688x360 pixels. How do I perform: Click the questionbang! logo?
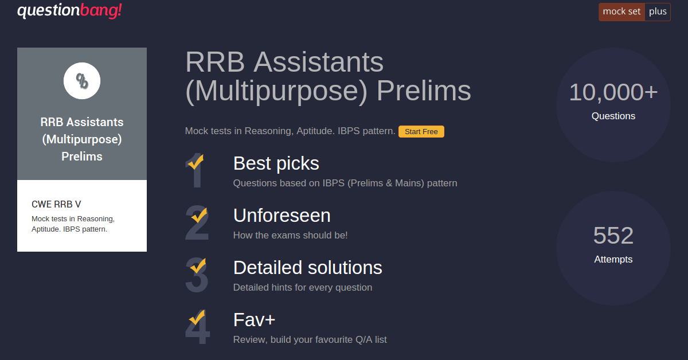point(69,11)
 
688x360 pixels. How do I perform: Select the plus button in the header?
point(658,12)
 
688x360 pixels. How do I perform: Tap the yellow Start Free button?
point(421,131)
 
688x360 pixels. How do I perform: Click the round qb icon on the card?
point(81,81)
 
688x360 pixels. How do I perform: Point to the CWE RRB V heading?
point(56,204)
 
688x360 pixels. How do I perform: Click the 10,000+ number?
point(613,92)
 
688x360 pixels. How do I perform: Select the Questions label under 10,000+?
point(613,116)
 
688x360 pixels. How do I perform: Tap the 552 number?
point(613,236)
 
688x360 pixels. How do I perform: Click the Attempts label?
point(613,259)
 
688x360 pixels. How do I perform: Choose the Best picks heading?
point(276,163)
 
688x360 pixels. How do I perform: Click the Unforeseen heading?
point(282,216)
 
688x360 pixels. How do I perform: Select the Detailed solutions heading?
point(308,268)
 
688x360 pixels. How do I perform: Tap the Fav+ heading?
point(255,320)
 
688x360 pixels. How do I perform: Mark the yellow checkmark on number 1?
point(196,162)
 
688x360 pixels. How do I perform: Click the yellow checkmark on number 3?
point(198,265)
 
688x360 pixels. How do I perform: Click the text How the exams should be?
point(290,235)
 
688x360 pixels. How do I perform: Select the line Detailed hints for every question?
point(303,288)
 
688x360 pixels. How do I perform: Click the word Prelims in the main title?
point(424,91)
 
